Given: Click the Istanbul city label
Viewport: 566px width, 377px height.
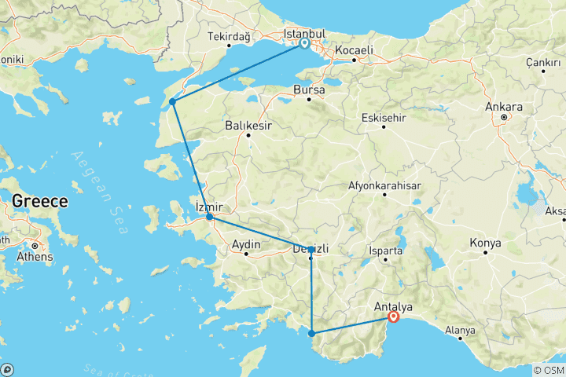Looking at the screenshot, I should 303,34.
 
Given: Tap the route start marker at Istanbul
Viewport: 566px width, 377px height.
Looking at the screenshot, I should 304,44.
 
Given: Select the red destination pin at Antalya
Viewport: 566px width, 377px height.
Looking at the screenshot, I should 393,317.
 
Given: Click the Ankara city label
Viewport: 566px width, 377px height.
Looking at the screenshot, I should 504,107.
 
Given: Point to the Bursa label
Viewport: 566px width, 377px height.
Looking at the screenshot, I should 308,90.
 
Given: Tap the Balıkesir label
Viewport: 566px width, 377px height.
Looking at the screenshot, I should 248,124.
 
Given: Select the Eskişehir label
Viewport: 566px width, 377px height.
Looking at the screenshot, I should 381,118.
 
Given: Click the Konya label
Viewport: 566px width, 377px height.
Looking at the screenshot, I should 485,243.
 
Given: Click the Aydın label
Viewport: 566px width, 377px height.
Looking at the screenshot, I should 246,245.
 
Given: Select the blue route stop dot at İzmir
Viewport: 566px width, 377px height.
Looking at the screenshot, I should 209,217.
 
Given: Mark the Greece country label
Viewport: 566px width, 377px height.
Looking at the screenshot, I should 39,201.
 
